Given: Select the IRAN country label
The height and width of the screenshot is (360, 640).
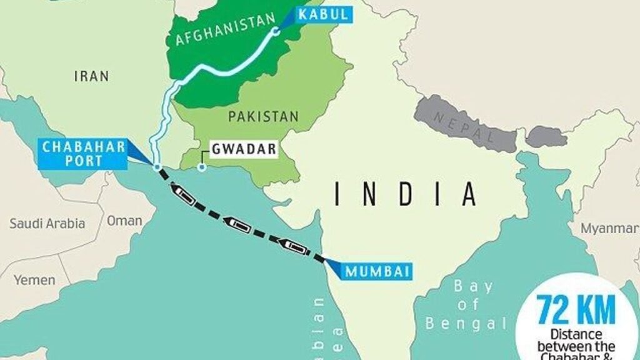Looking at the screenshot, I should click(x=91, y=76).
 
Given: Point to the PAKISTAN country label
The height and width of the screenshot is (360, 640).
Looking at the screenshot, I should click(x=263, y=116).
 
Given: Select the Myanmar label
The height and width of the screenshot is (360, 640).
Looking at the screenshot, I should click(x=609, y=229).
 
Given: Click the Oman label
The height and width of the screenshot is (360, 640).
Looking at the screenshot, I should click(x=124, y=221).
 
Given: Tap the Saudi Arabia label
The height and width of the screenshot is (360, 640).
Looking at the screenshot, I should click(x=47, y=224).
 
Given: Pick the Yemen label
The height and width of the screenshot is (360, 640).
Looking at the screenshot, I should click(x=34, y=279).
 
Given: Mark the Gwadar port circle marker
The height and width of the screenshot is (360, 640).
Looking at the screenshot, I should click(x=202, y=167).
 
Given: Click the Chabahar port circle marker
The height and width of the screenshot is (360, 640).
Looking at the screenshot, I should click(x=157, y=167).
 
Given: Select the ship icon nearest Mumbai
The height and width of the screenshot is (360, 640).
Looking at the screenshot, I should click(x=296, y=247).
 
